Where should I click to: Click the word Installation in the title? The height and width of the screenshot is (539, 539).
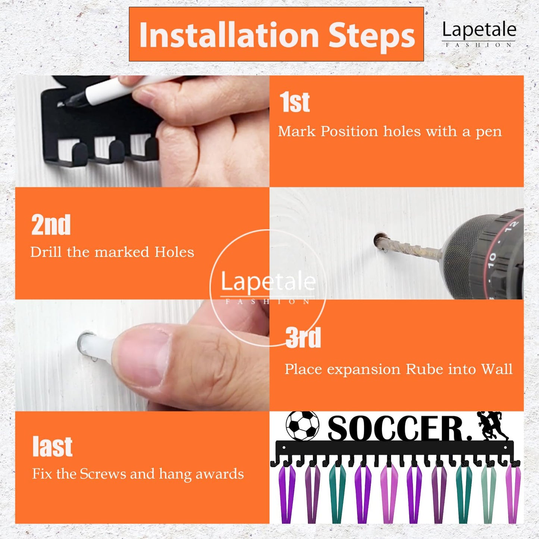coord(229,35)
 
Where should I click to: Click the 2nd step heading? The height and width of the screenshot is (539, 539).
coord(51,225)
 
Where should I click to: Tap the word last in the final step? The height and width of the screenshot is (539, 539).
coord(53,446)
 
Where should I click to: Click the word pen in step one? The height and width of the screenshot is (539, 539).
coord(488,132)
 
